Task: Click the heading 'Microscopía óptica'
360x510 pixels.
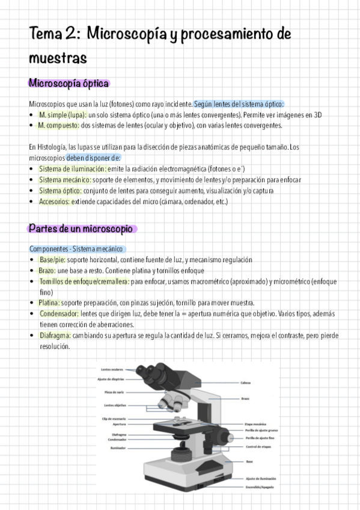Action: (x=68, y=83)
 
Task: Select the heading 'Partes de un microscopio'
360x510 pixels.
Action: (x=82, y=229)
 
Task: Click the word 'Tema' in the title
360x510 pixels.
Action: (x=46, y=34)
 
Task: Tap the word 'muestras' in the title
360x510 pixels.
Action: (x=58, y=58)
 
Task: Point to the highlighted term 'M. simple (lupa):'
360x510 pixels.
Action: (x=63, y=114)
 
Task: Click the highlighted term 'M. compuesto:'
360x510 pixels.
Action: (x=58, y=125)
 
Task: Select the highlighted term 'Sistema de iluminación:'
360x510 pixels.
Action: (x=73, y=168)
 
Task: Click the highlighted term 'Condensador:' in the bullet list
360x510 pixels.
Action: (x=59, y=313)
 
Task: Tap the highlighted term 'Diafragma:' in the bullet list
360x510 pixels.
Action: (x=55, y=335)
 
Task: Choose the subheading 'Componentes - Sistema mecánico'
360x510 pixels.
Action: (x=76, y=248)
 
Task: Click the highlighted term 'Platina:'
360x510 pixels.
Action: (x=49, y=303)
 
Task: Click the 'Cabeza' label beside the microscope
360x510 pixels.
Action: (x=246, y=382)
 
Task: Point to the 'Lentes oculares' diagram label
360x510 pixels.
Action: (x=112, y=369)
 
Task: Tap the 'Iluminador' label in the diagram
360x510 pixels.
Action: (x=117, y=447)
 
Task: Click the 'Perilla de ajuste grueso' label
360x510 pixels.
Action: (x=261, y=431)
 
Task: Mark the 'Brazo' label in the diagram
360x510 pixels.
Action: (x=245, y=399)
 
